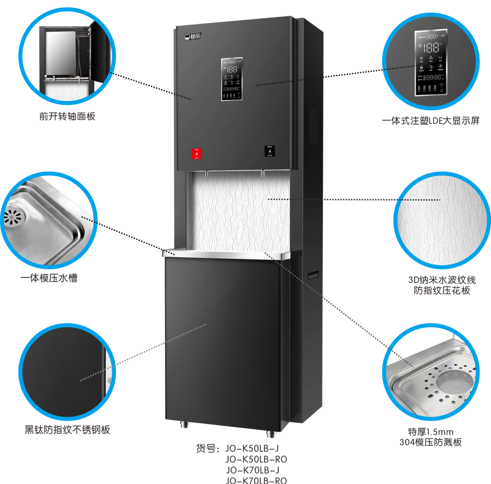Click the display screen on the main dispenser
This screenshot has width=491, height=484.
(x=232, y=79)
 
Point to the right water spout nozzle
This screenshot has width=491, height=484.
(x=262, y=174)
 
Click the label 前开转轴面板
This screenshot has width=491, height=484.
(x=67, y=117)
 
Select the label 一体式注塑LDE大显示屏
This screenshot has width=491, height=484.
(x=430, y=121)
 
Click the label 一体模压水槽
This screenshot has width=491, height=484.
(x=49, y=278)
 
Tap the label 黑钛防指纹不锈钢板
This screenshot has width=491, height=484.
(x=67, y=430)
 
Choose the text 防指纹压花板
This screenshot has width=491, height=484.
(x=441, y=291)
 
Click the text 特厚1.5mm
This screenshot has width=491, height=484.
(x=430, y=431)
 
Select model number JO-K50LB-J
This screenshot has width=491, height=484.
(x=252, y=449)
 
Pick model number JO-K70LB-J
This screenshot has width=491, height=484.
(x=252, y=470)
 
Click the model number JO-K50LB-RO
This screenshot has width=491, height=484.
(x=256, y=460)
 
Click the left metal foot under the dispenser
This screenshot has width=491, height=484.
(x=185, y=425)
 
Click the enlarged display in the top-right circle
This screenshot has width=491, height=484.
(x=430, y=62)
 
